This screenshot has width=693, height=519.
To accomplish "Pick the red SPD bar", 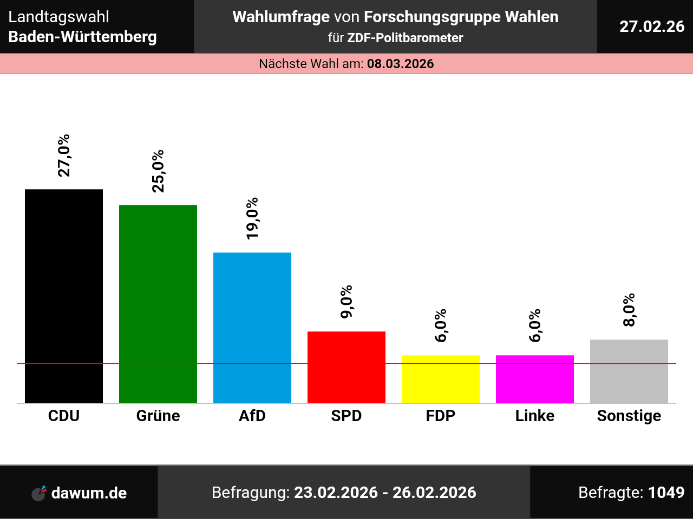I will coord(346,367).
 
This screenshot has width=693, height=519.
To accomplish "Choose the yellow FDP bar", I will coord(441,379).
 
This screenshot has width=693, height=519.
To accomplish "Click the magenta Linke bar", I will coord(535,379).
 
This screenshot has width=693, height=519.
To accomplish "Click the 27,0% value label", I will coord(64,156).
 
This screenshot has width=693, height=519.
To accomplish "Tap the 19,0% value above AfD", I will coord(252,218).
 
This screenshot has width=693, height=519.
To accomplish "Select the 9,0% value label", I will coord(346,302).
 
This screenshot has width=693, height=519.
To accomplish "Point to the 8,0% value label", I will coord(629,310).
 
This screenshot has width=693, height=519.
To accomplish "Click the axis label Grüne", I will coord(158,416).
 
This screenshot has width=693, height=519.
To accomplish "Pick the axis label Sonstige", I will coord(629,416).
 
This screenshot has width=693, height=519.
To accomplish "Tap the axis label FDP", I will coord(441,416).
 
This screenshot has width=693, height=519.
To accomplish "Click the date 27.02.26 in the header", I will coord(652,26).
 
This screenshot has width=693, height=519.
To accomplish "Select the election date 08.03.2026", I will coord(401,64).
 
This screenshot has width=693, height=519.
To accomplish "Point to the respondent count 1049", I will coord(666,493).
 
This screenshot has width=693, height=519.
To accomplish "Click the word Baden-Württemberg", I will coord(83,37).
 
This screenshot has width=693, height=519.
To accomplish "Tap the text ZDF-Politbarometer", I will coord(405,38).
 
